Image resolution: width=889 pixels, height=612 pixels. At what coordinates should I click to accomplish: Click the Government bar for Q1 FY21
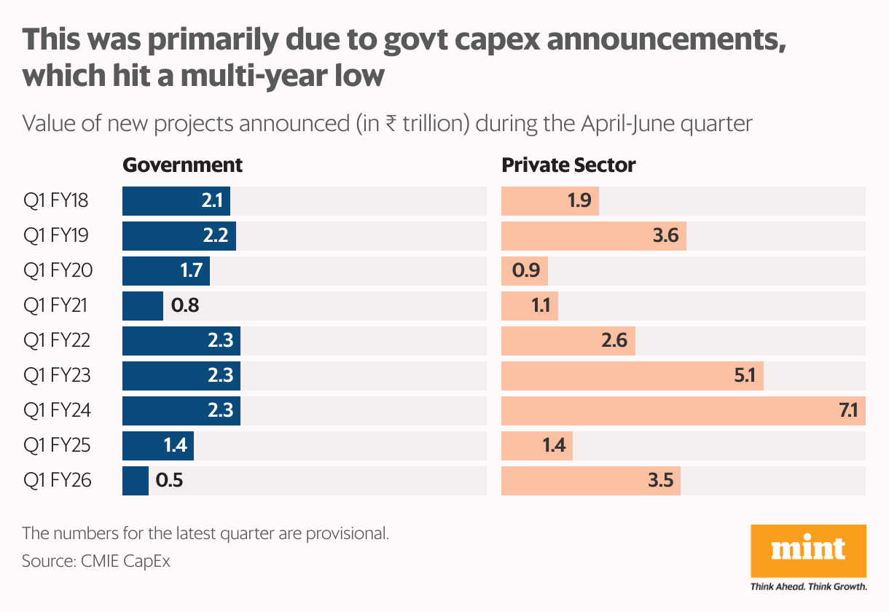[143, 305]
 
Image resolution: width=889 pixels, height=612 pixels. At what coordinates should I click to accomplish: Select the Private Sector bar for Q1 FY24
[684, 410]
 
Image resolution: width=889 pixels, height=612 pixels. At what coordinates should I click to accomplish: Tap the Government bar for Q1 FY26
[136, 481]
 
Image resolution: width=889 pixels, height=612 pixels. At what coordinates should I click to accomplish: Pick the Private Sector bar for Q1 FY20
[525, 271]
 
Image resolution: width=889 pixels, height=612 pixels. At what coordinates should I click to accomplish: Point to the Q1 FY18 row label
[56, 200]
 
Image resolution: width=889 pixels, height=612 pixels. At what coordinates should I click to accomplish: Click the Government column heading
[182, 165]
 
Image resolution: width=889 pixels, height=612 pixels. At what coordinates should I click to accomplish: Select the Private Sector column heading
[568, 165]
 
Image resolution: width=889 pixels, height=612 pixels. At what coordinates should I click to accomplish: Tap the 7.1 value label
[852, 411]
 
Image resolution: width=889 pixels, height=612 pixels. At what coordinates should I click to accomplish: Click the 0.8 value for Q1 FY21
[185, 306]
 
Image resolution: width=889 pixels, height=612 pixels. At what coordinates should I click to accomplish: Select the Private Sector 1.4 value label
[554, 446]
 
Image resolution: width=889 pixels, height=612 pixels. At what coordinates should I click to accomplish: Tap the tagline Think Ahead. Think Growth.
[809, 586]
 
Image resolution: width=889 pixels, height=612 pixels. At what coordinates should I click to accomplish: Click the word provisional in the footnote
[344, 533]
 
